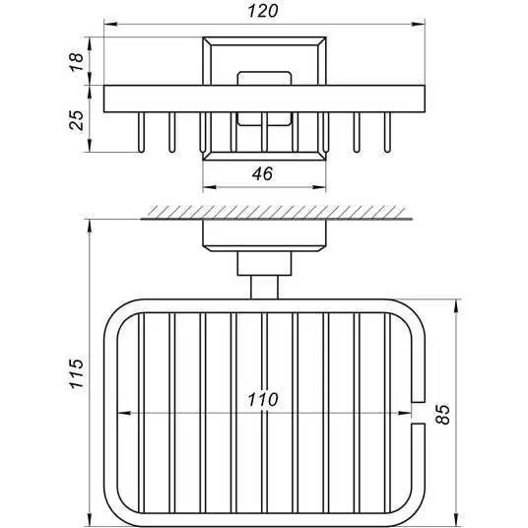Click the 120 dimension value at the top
(x=263, y=11)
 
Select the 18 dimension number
(x=77, y=61)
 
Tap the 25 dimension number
(x=77, y=120)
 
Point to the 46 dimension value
(x=262, y=173)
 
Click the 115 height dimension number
(x=77, y=373)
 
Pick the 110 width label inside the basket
(x=263, y=400)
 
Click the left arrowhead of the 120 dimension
(x=110, y=25)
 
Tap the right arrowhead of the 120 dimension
(x=419, y=25)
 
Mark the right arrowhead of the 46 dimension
(x=319, y=187)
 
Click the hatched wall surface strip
(x=277, y=212)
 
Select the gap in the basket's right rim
(x=419, y=413)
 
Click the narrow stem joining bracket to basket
(x=264, y=288)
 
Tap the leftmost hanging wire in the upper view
(x=141, y=132)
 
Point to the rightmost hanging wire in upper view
(x=387, y=132)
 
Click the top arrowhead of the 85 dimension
(x=456, y=305)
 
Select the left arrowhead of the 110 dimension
(x=123, y=413)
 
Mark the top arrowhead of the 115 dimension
(x=90, y=226)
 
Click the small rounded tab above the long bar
(x=264, y=78)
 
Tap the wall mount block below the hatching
(x=264, y=235)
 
